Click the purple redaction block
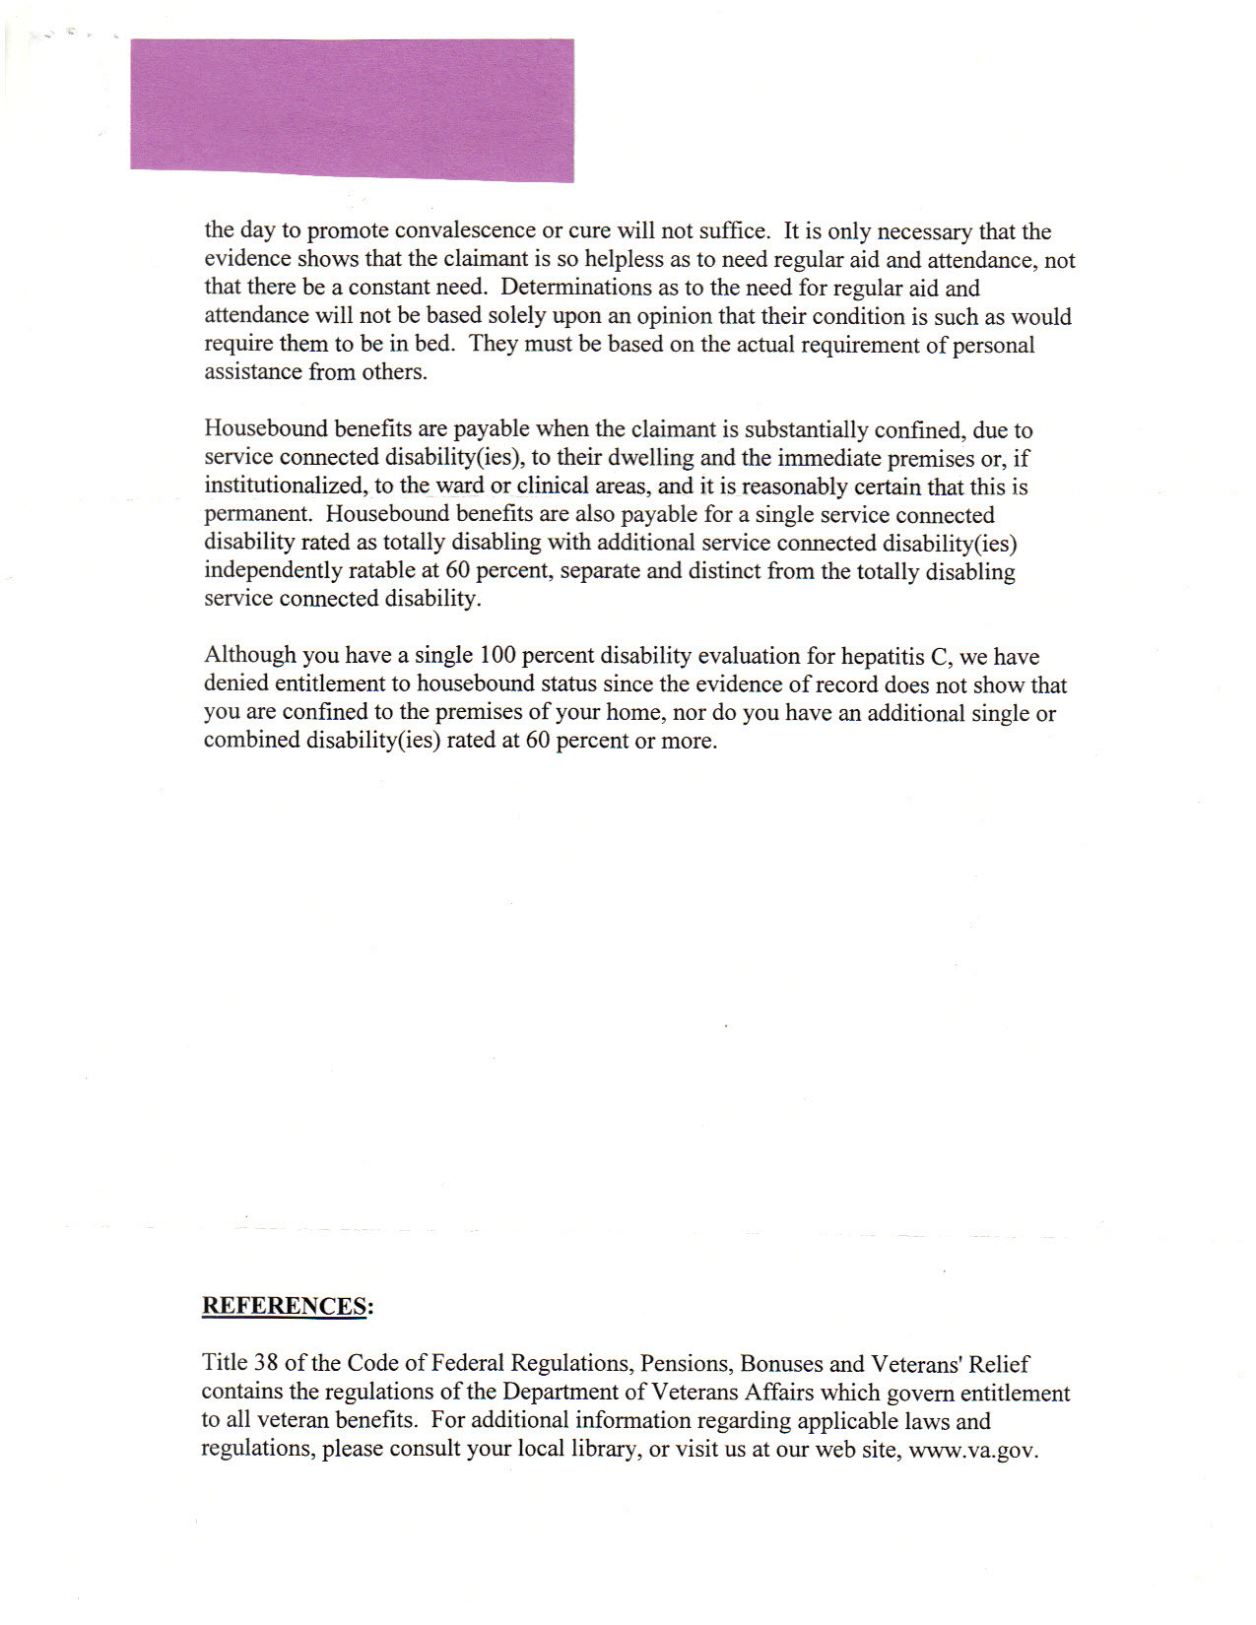coord(352,109)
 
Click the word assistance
coord(252,372)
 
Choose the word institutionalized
coord(285,487)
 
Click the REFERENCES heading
coord(287,1306)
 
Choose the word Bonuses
coord(781,1364)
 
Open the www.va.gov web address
coord(973,1451)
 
